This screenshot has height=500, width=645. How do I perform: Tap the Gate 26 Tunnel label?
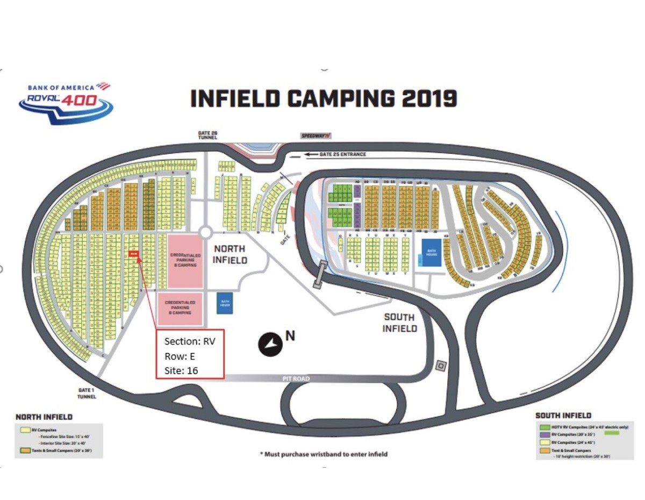pyautogui.click(x=207, y=135)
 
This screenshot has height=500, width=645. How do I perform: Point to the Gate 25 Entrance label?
pyautogui.click(x=342, y=154)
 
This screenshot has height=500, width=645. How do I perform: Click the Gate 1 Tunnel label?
pyautogui.click(x=86, y=394)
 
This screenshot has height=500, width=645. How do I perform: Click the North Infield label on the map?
pyautogui.click(x=230, y=254)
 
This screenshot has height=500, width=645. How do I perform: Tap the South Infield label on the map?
pyautogui.click(x=400, y=323)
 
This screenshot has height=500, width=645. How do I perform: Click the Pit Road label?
pyautogui.click(x=295, y=378)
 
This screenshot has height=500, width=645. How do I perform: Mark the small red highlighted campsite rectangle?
pyautogui.click(x=134, y=254)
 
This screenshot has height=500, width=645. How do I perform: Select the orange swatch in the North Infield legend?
pyautogui.click(x=24, y=450)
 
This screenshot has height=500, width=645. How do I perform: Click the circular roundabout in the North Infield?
pyautogui.click(x=205, y=232)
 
